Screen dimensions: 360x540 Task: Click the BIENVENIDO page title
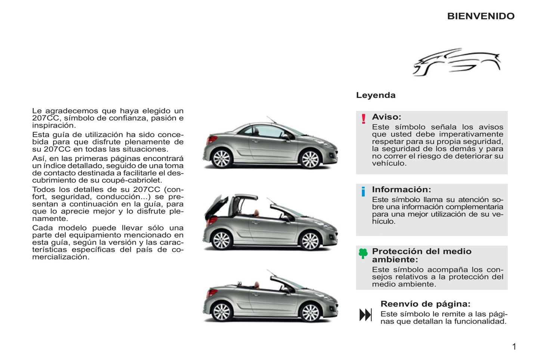pyautogui.click(x=481, y=16)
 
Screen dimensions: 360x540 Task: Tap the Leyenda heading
pyautogui.click(x=376, y=95)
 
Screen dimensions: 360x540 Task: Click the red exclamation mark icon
pyautogui.click(x=363, y=119)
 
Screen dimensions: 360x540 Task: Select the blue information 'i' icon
pyautogui.click(x=363, y=192)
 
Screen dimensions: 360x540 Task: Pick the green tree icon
pyautogui.click(x=363, y=254)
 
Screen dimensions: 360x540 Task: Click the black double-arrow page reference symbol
pyautogui.click(x=365, y=315)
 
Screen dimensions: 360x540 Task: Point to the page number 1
pyautogui.click(x=514, y=347)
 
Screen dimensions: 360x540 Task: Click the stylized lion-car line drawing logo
pyautogui.click(x=456, y=62)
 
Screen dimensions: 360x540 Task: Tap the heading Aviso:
pyautogui.click(x=386, y=117)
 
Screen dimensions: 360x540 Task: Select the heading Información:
pyautogui.click(x=401, y=190)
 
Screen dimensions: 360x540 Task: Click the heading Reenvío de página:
pyautogui.click(x=425, y=304)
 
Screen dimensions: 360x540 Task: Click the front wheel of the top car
pyautogui.click(x=310, y=159)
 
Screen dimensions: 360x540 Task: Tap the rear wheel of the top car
pyautogui.click(x=221, y=158)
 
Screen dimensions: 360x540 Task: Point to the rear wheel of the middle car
pyautogui.click(x=221, y=240)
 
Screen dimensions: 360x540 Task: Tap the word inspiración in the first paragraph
pyautogui.click(x=53, y=125)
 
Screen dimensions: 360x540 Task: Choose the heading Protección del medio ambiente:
pyautogui.click(x=422, y=255)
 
